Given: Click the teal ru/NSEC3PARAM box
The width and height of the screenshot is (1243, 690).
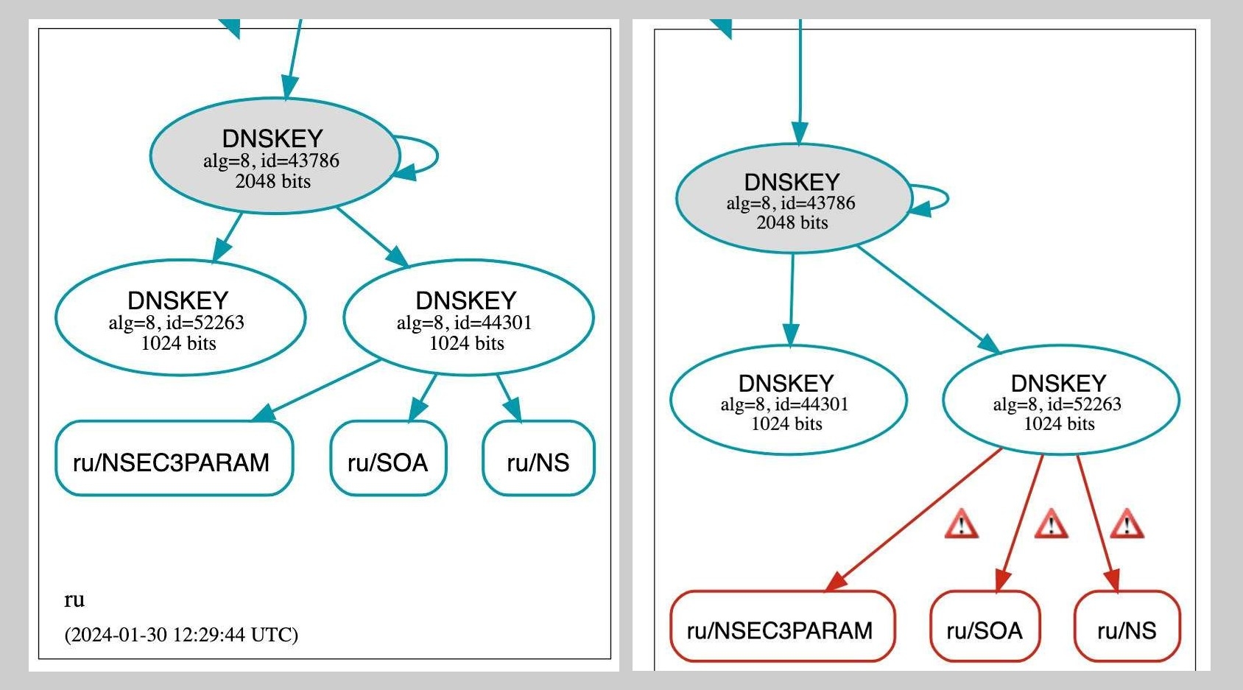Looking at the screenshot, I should pos(174,459).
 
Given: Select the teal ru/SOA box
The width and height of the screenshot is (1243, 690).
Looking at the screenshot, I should pos(388,459).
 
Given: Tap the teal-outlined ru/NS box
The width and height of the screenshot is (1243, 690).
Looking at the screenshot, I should pos(538,459).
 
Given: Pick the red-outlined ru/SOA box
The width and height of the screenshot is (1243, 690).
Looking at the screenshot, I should pos(985,627).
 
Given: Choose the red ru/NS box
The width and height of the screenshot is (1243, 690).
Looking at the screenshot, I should pos(1127,627).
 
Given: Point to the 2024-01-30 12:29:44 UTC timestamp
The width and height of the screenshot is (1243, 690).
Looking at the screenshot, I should pos(181,634).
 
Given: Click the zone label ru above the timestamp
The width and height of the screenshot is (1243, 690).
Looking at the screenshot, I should pos(74,599).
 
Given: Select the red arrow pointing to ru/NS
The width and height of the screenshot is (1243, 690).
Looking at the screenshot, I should pos(1097,519).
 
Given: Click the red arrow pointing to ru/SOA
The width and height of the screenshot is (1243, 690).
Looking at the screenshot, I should pos(1021,519).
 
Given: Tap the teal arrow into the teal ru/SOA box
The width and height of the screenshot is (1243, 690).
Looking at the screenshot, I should pos(423,398).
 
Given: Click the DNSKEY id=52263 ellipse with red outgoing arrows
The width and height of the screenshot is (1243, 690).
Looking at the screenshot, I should pos(1060,400).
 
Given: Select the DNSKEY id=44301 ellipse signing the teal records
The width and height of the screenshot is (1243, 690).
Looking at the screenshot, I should pos(468,318).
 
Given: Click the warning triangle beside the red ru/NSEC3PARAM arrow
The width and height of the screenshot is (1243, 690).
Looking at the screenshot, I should pos(962,525).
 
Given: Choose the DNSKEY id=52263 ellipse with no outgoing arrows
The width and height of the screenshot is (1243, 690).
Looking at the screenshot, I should pos(180,318).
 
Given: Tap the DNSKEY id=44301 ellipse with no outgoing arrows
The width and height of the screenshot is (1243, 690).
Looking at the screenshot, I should pos(788,400).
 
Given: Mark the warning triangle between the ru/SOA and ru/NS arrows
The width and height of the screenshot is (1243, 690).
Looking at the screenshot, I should pos(1051,525).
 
